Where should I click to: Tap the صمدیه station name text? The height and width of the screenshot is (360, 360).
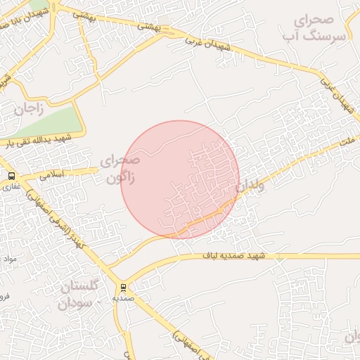click(x=124, y=298)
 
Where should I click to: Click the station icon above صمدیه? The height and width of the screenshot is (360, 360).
click(x=124, y=288)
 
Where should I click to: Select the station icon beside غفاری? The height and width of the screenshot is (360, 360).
click(x=11, y=176)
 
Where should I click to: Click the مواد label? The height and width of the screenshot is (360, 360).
click(x=8, y=259)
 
